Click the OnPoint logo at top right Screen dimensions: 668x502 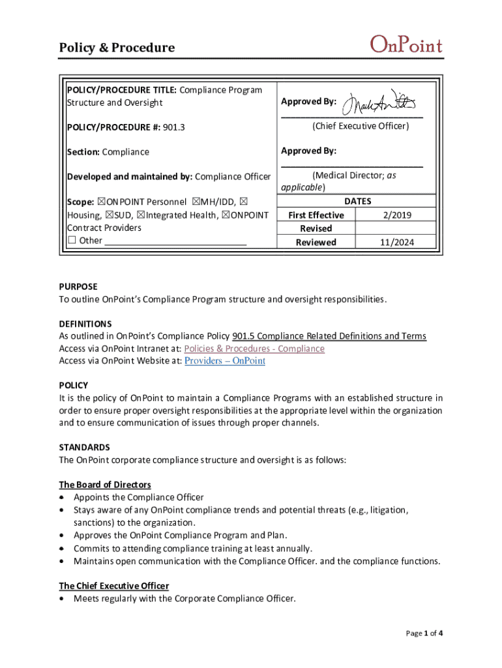click(406, 46)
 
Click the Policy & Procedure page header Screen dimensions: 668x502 click(117, 48)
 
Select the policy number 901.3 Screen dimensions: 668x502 click(173, 127)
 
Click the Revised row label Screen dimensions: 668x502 click(316, 229)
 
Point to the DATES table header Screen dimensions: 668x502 click(357, 202)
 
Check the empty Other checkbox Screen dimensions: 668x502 click(72, 241)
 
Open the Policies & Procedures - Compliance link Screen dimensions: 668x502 click(254, 349)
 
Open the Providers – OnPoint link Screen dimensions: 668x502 click(225, 361)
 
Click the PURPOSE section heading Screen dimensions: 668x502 click(78, 286)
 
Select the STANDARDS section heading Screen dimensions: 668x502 click(85, 448)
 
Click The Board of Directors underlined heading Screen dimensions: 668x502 click(105, 485)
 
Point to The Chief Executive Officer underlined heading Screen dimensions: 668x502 click(114, 586)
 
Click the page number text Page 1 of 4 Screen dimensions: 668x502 click(424, 633)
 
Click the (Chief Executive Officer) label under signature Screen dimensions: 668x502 click(361, 127)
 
